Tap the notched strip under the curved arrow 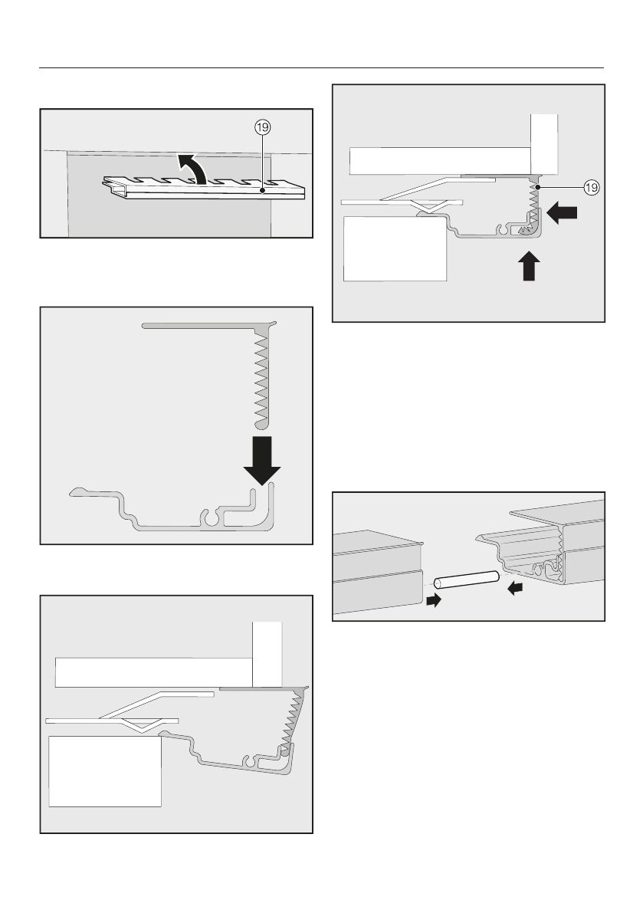pos(203,189)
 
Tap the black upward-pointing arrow pos(528,266)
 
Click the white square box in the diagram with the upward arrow pos(395,249)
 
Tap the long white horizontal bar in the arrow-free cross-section pos(153,672)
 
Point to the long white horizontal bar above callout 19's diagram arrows pos(441,160)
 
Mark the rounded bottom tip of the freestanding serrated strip pos(261,423)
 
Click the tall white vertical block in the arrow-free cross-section pos(267,654)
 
